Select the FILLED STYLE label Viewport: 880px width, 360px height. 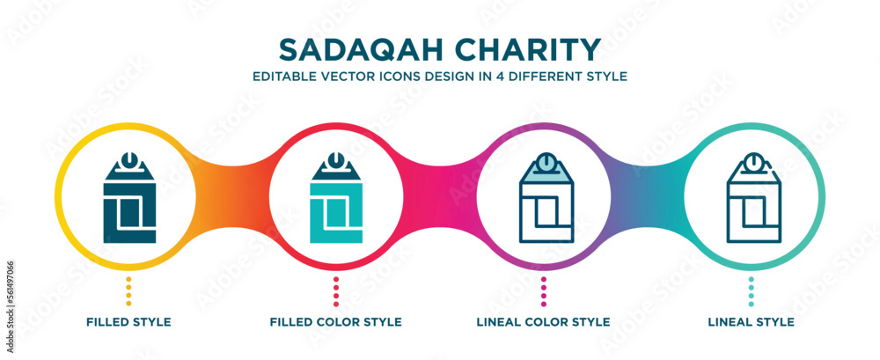[x=128, y=322]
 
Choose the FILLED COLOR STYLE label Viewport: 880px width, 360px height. [x=336, y=322]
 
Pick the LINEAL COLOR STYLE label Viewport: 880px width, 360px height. [x=543, y=322]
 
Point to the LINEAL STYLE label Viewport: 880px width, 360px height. [x=751, y=322]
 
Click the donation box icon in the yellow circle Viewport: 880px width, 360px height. [x=128, y=198]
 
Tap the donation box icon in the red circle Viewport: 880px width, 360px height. [x=336, y=198]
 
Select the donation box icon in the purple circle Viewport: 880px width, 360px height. [x=543, y=198]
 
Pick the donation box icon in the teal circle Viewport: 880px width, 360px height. [x=751, y=198]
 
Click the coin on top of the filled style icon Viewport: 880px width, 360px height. [x=128, y=161]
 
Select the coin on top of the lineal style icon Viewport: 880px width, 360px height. [x=751, y=162]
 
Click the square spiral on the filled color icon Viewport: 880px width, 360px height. [x=336, y=214]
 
